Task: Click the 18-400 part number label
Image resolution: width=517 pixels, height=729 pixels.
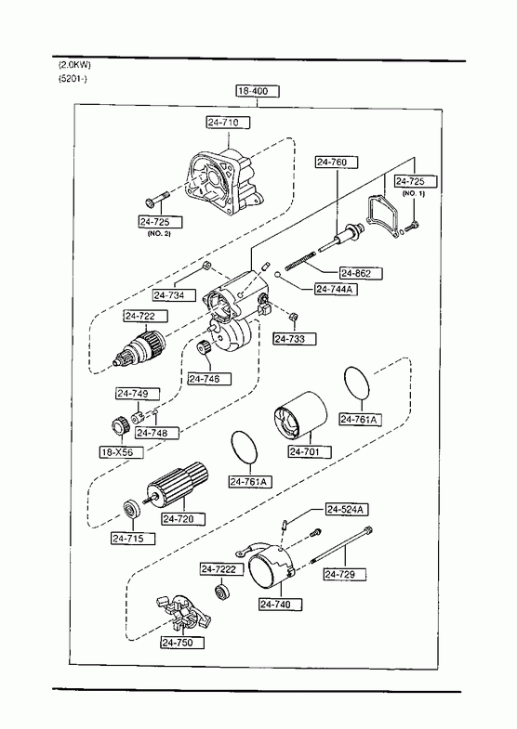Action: click(x=258, y=91)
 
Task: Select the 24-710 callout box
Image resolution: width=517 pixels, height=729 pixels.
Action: click(x=228, y=123)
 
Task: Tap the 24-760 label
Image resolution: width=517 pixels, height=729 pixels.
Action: click(x=337, y=163)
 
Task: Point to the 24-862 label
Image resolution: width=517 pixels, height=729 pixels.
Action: click(x=361, y=273)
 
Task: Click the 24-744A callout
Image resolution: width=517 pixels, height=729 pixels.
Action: click(x=337, y=289)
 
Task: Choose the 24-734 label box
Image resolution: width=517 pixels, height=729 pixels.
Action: click(x=174, y=295)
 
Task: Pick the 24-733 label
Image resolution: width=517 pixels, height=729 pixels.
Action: click(x=295, y=339)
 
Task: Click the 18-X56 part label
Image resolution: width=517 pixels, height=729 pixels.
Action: click(x=122, y=452)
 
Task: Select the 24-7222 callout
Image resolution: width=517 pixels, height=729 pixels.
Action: click(x=221, y=569)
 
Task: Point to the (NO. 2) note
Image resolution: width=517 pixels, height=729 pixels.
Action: click(x=159, y=233)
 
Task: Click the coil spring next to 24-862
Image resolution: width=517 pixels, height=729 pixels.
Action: click(x=300, y=260)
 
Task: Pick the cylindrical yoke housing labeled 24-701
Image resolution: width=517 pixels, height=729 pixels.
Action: click(x=299, y=416)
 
